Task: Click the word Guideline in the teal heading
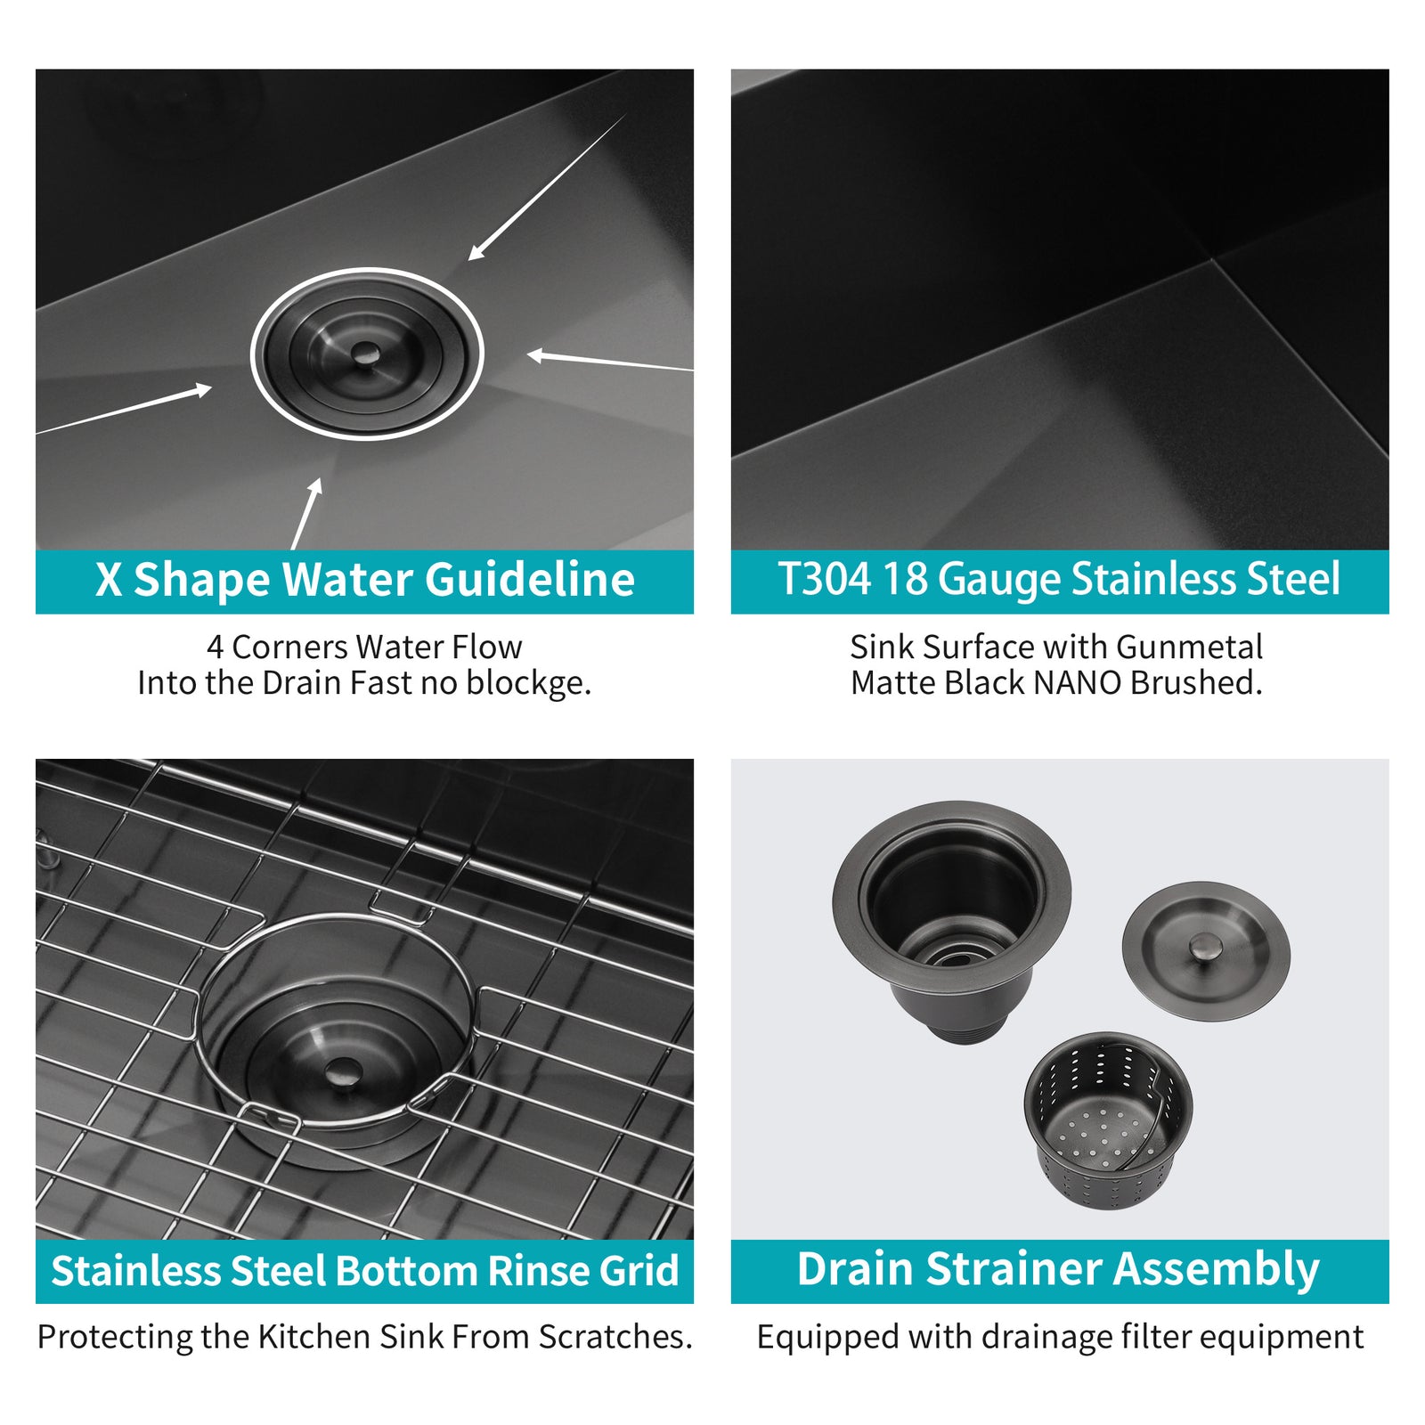[529, 581]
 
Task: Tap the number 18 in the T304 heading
[905, 579]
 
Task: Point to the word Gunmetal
[1189, 647]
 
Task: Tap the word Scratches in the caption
[615, 1337]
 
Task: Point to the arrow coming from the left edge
[124, 410]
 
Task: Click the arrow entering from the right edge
[610, 361]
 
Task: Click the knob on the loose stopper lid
[1207, 946]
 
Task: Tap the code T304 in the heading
[824, 579]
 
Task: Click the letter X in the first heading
[109, 581]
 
